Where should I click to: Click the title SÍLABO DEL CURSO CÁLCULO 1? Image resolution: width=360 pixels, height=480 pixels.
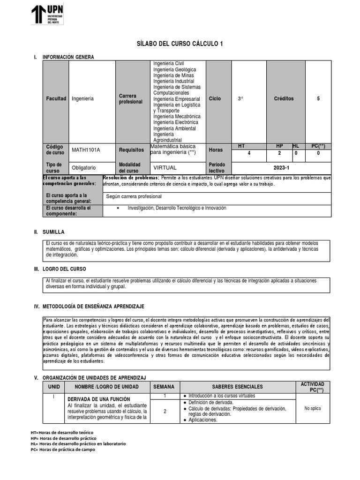180,44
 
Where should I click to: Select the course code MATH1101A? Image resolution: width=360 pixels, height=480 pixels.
86,150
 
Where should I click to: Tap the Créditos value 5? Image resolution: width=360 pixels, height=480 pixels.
318,99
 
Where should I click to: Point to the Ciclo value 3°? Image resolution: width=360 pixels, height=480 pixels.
240,99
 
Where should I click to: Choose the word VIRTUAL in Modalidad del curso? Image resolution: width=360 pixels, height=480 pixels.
165,167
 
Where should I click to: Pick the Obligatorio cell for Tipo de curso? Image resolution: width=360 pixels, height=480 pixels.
83,167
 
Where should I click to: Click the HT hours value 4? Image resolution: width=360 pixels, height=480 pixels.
249,153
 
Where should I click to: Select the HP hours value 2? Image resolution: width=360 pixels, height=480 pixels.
279,153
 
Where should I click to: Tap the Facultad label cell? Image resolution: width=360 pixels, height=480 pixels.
56,99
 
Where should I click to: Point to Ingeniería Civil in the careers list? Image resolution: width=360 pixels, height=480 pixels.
169,63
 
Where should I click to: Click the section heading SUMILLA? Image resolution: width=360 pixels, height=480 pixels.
53,232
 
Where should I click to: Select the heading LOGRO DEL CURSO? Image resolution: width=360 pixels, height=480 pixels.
64,269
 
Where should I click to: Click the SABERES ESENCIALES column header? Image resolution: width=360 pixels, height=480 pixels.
237,387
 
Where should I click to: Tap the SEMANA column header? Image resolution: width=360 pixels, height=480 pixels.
164,387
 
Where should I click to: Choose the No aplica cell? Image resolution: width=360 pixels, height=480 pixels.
313,408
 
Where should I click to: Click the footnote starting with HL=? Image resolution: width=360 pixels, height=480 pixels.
78,443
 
